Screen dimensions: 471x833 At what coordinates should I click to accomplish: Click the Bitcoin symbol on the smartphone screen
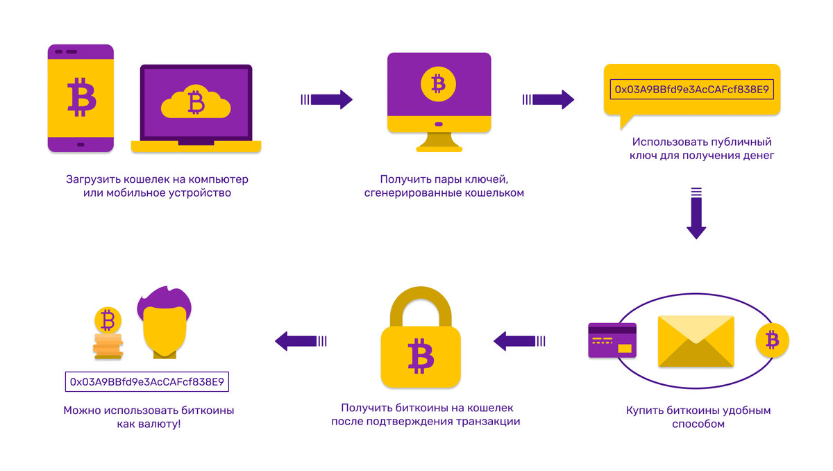(81, 97)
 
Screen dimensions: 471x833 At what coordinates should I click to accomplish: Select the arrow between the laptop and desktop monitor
(327, 99)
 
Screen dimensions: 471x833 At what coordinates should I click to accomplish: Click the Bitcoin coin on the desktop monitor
(437, 84)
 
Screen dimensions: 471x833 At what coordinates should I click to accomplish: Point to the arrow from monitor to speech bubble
(548, 99)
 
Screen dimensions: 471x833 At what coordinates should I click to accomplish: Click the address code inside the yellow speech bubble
(691, 90)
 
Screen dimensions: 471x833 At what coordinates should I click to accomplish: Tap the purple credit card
(612, 340)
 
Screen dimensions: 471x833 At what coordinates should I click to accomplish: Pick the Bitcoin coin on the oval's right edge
(772, 340)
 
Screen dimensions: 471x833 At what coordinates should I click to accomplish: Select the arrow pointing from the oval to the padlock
(519, 340)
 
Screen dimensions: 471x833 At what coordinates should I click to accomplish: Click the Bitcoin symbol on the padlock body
(420, 355)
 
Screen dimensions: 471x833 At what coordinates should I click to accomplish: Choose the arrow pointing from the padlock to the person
(301, 340)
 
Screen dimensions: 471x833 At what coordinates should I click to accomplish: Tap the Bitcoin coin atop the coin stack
(107, 321)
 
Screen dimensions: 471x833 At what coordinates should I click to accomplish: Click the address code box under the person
(148, 381)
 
